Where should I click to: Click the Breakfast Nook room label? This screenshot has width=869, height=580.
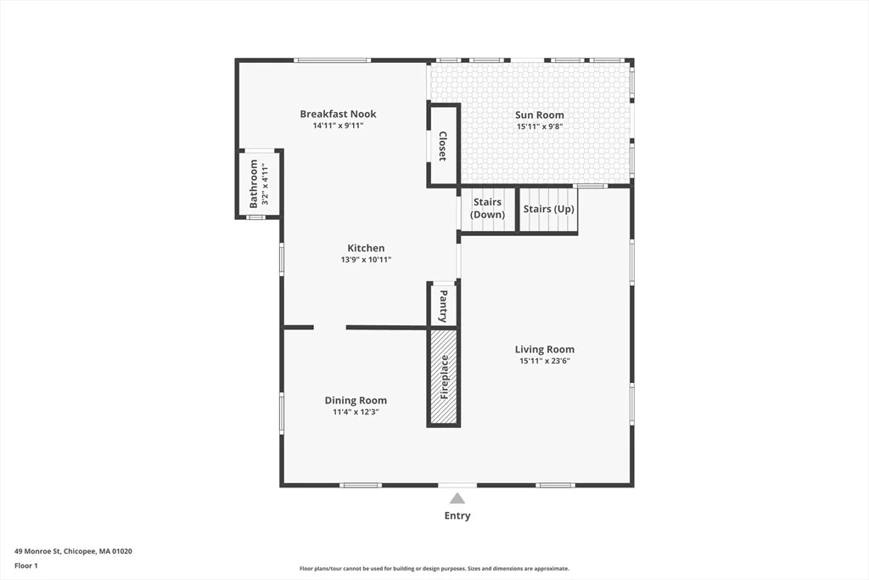click(x=338, y=114)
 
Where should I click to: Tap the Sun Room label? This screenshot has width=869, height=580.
click(x=539, y=115)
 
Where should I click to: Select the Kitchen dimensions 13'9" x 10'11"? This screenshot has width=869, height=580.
click(x=366, y=260)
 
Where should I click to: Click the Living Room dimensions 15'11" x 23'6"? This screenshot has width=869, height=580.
click(x=545, y=361)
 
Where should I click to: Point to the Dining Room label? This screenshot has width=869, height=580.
click(x=356, y=400)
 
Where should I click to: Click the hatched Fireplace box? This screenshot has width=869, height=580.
click(x=443, y=378)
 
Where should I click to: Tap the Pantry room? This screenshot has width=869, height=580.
click(x=443, y=304)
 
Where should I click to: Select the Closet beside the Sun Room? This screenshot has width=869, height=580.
click(x=443, y=145)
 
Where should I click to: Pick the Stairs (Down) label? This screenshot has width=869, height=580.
click(x=488, y=209)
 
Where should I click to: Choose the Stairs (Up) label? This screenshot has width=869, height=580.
click(x=549, y=209)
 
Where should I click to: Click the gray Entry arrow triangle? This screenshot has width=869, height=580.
click(x=457, y=498)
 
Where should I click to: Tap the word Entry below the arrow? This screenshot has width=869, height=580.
click(x=457, y=515)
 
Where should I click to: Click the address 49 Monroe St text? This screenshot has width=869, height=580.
click(x=37, y=551)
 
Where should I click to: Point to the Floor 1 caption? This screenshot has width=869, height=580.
click(x=26, y=566)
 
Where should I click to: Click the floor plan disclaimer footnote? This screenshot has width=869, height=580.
click(x=434, y=568)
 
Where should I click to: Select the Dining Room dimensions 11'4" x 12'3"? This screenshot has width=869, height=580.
click(x=356, y=412)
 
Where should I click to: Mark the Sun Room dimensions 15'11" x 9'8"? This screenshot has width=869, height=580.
click(x=540, y=127)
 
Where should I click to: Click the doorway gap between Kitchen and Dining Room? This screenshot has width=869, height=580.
click(x=330, y=328)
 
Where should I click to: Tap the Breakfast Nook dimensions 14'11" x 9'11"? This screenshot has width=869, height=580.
click(x=338, y=126)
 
